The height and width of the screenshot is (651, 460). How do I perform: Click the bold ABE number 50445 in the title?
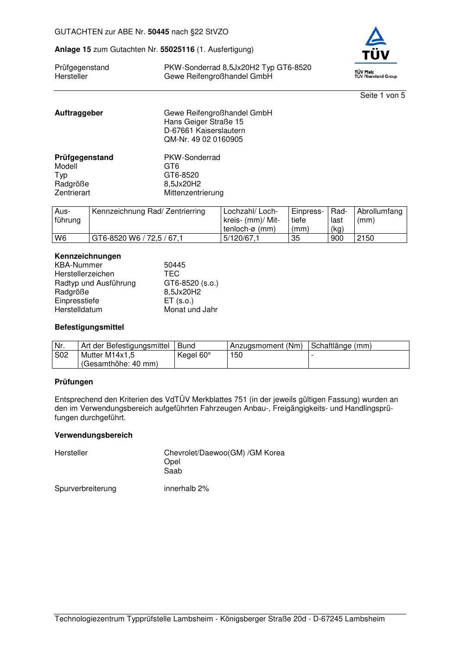pos(159,32)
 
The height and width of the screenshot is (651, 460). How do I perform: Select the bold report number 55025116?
pos(177,50)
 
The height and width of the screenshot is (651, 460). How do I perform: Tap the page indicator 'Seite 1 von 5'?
pos(382,96)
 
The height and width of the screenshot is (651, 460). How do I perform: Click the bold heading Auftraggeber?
pos(79,113)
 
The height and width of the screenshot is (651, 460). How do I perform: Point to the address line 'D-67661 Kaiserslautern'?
pos(204,131)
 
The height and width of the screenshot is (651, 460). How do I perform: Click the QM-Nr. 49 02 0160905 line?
pos(203,140)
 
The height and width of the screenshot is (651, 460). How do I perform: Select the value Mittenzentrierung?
pos(193,193)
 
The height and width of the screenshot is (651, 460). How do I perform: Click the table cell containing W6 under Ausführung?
pos(61,238)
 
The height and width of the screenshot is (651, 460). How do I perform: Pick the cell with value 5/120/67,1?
pos(242,238)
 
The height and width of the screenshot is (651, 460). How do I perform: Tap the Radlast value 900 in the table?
pos(337,238)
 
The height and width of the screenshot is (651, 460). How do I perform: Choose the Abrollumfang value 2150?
pos(365,238)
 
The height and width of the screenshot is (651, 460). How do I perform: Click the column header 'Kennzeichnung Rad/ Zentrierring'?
pos(148,211)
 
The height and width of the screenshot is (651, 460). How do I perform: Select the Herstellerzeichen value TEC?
pos(172,274)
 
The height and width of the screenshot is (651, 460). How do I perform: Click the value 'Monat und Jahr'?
pos(191,310)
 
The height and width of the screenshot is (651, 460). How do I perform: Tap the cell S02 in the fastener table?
pos(62,355)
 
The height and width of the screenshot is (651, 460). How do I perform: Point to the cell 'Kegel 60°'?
pos(194,355)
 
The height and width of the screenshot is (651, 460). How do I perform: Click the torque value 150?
pos(236,355)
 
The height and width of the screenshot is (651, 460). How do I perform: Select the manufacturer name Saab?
pos(173,471)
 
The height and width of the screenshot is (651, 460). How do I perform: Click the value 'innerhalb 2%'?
pos(186,489)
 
